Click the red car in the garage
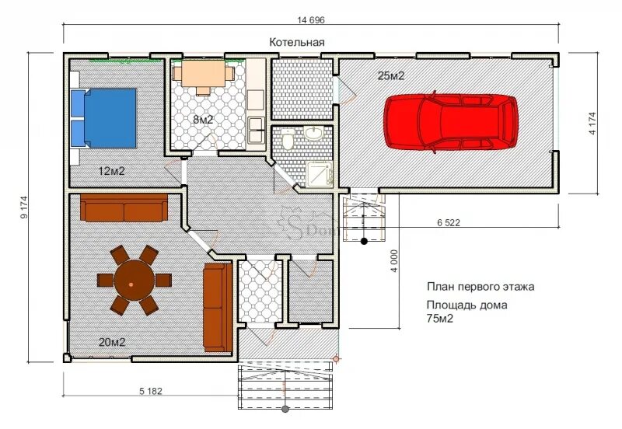coord(451,122)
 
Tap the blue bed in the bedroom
coord(104,118)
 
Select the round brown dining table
coord(134,280)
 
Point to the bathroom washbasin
coord(314,133)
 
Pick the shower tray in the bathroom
coord(320,173)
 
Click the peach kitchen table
coord(204,73)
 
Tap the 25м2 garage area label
coord(391,75)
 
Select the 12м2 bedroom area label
coord(111,171)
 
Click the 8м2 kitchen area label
coord(203,120)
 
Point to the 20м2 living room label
coord(112,342)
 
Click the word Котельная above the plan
coord(297,42)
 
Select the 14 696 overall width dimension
coord(311,20)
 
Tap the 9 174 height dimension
coord(25,208)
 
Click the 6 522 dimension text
coord(449,222)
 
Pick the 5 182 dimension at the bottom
coord(151,391)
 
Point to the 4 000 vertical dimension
coord(393,260)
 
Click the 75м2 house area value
coord(440,318)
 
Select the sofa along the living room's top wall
coord(124,208)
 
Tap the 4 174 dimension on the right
coord(592,124)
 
